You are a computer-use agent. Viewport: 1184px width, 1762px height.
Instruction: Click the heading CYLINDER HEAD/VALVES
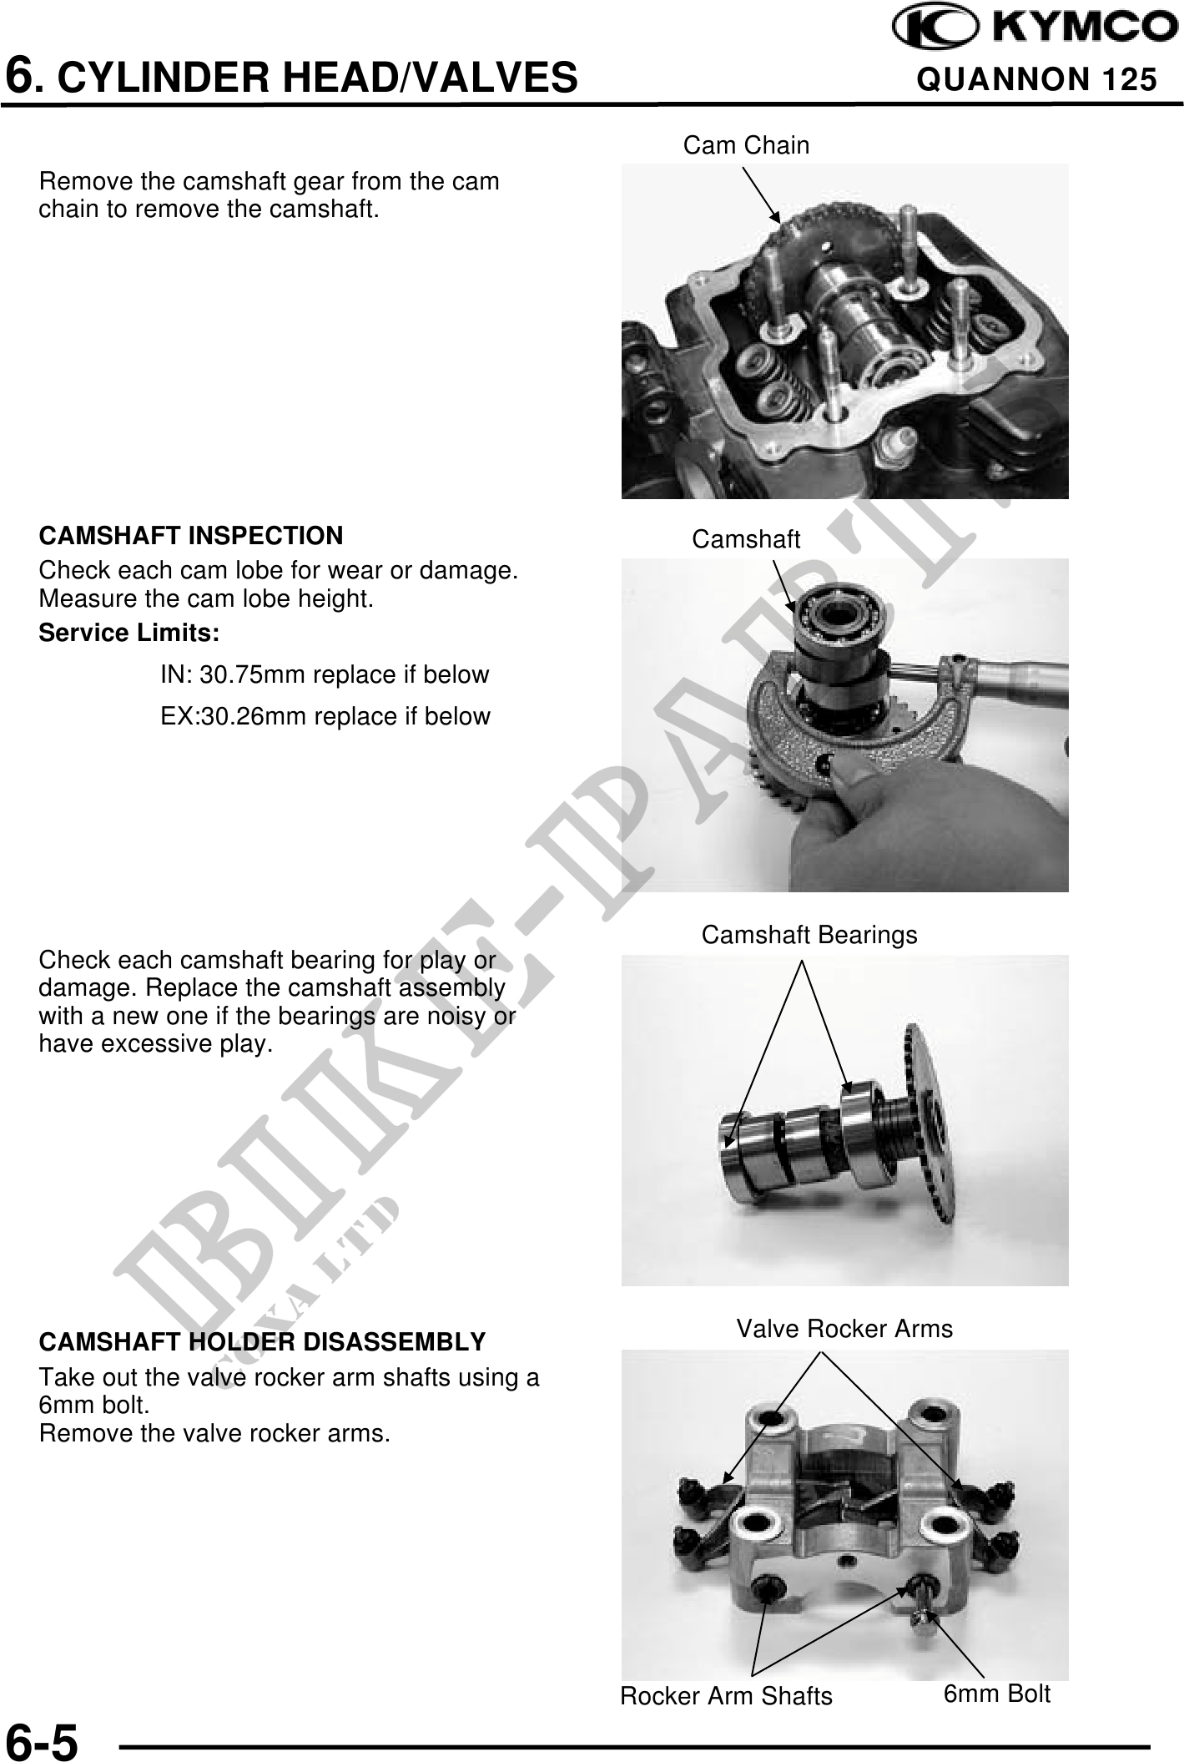point(320,78)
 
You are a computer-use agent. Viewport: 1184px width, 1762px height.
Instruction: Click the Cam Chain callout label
point(746,145)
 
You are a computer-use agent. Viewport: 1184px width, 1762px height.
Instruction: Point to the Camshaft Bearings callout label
point(809,935)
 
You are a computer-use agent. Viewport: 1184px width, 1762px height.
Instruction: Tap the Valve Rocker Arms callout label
point(844,1328)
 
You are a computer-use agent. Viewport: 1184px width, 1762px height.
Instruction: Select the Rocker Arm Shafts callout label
point(726,1696)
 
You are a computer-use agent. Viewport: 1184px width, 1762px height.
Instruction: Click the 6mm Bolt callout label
point(997,1694)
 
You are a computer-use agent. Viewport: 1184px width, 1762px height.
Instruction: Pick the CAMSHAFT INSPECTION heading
point(191,535)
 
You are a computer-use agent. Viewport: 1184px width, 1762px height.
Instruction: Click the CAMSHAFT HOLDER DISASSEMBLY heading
point(262,1342)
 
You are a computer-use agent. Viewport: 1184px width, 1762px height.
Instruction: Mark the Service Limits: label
point(129,634)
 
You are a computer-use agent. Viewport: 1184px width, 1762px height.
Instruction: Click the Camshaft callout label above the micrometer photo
point(746,540)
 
